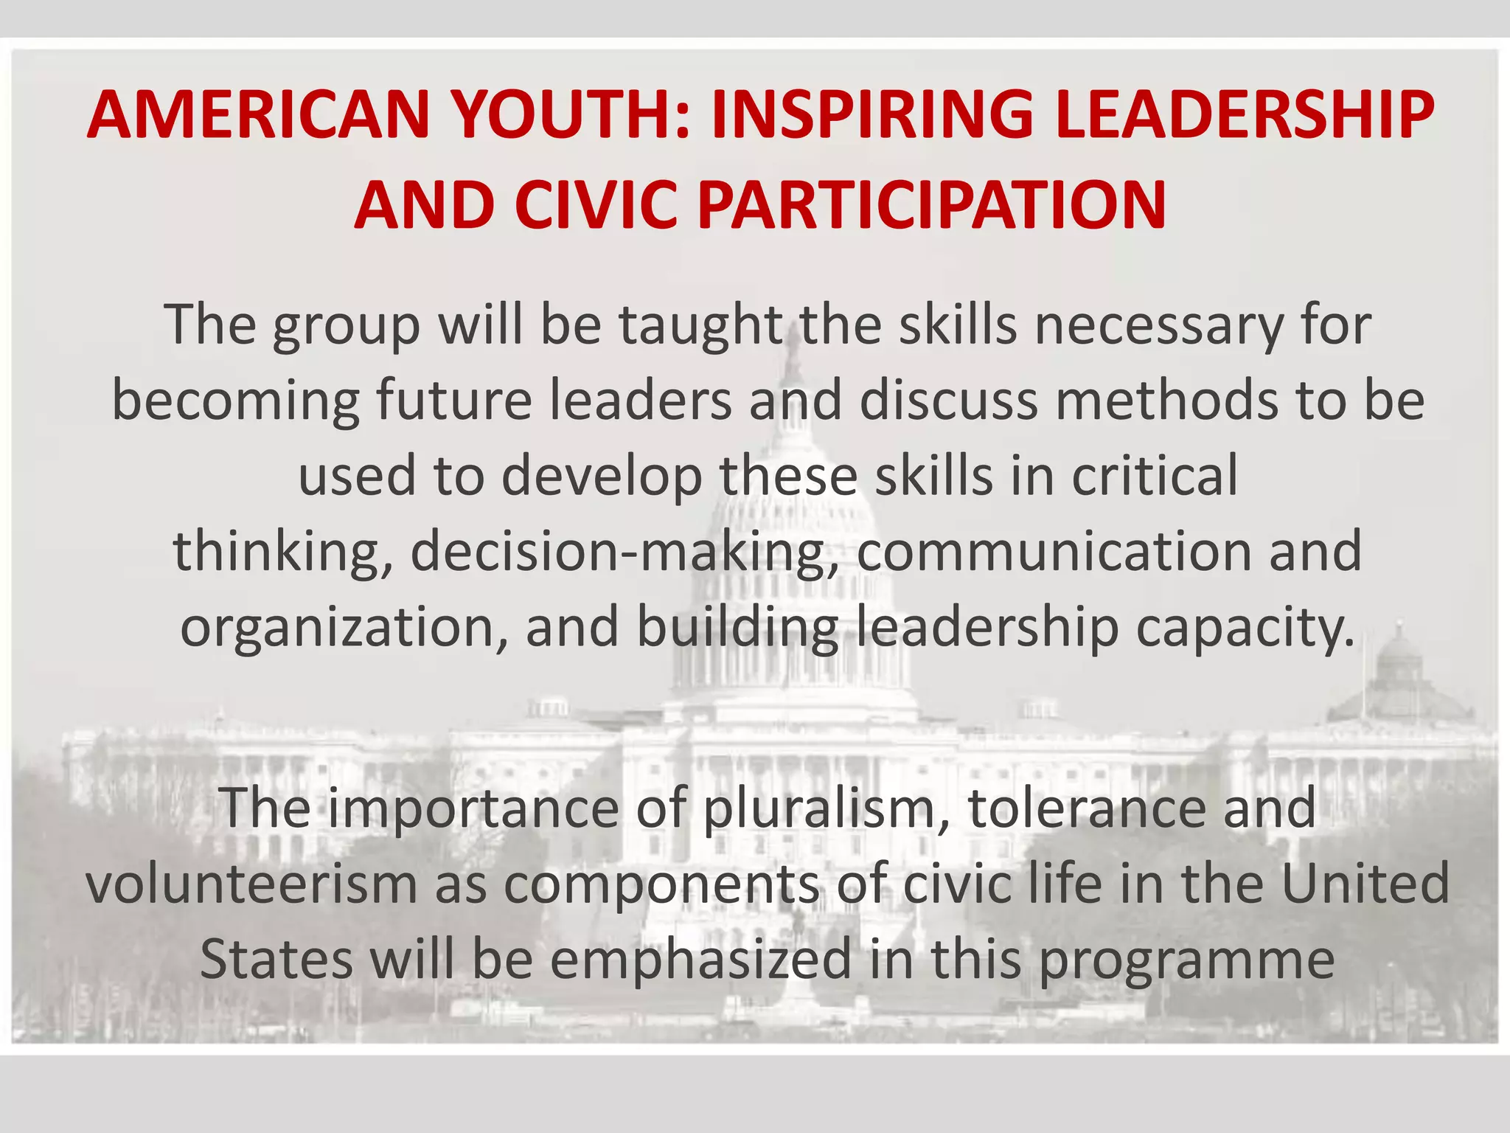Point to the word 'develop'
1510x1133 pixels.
tap(602, 477)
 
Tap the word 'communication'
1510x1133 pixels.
tap(1054, 552)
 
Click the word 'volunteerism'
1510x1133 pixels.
tap(251, 884)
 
